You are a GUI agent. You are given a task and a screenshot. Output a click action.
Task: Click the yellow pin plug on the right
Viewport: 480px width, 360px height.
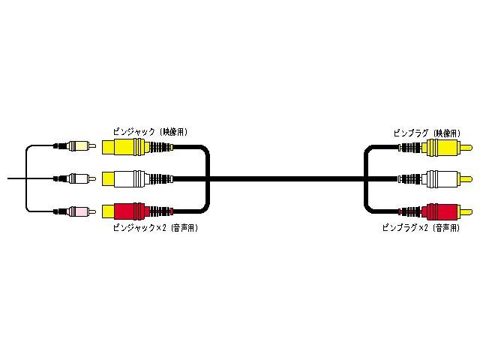point(439,147)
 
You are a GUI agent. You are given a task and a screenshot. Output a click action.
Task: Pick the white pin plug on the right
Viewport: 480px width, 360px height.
point(439,178)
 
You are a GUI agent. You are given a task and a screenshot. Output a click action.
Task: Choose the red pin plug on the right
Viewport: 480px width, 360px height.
point(439,210)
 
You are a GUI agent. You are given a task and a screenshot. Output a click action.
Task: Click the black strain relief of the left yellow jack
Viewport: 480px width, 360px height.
point(160,147)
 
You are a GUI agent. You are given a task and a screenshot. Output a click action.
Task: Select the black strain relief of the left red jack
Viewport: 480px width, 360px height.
point(160,210)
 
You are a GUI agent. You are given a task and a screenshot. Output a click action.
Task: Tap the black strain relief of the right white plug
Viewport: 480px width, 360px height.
point(409,178)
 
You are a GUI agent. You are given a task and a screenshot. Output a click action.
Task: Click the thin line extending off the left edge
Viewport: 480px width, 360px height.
point(15,178)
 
